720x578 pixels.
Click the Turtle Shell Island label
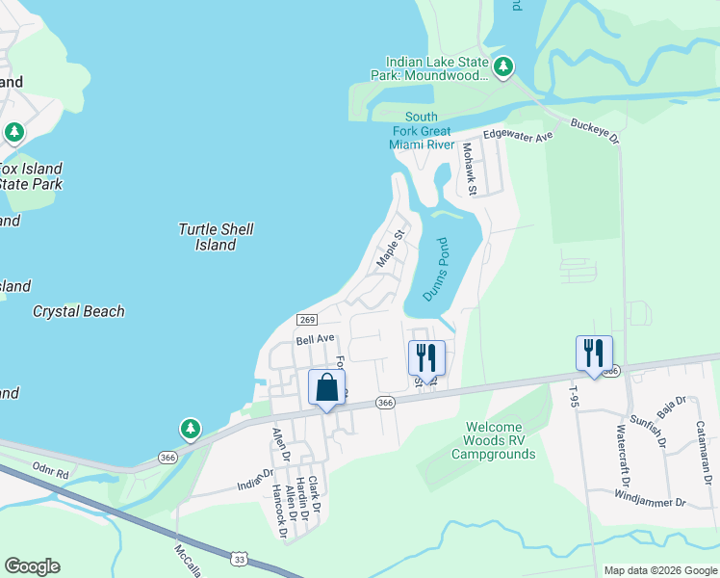coord(216,237)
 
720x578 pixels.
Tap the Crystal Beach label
coord(78,311)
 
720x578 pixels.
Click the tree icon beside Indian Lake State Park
coord(502,67)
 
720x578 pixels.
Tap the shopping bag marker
coord(326,388)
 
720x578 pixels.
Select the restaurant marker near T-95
coord(594,353)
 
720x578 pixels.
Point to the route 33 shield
coord(239,558)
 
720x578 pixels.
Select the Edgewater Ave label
coord(519,137)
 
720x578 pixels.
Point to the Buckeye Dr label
coord(596,132)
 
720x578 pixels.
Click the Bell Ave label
coord(315,339)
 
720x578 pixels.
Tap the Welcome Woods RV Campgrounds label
coord(493,440)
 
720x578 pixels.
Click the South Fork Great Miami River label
coord(422,131)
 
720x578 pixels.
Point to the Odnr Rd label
coord(50,474)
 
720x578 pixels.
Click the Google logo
coord(32,566)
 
